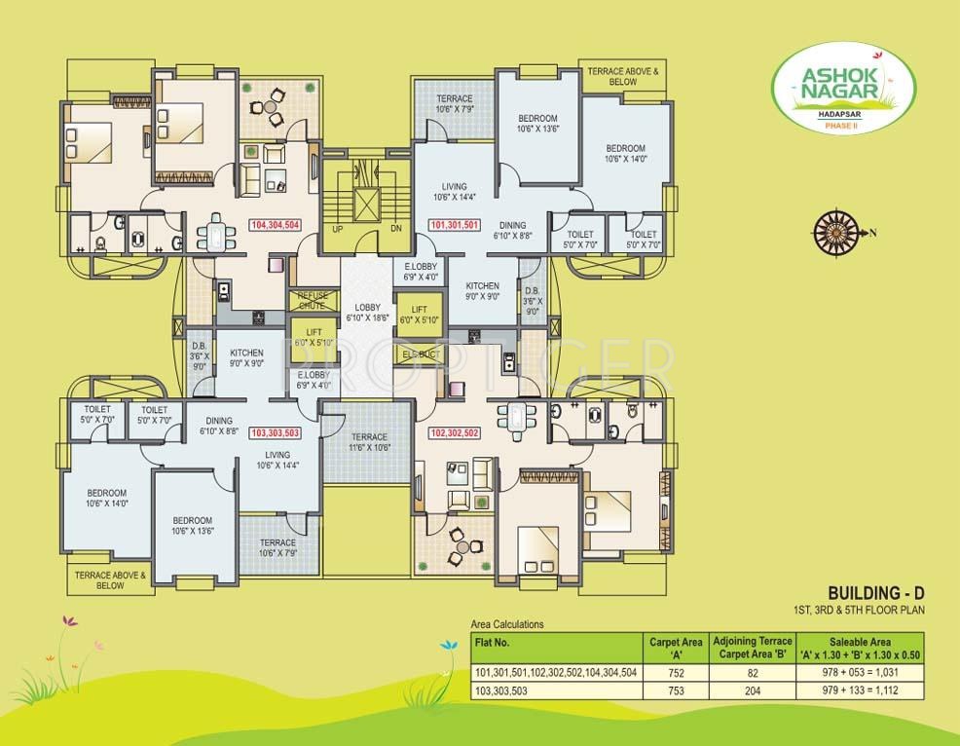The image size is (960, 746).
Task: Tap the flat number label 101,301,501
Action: (454, 225)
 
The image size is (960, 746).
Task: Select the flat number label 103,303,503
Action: (276, 432)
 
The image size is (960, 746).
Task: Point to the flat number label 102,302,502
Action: (453, 433)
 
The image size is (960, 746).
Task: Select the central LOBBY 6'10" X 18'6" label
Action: (368, 312)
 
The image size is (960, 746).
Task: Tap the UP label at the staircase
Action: (338, 230)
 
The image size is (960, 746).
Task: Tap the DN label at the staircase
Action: (395, 230)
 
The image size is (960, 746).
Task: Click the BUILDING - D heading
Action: (872, 592)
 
